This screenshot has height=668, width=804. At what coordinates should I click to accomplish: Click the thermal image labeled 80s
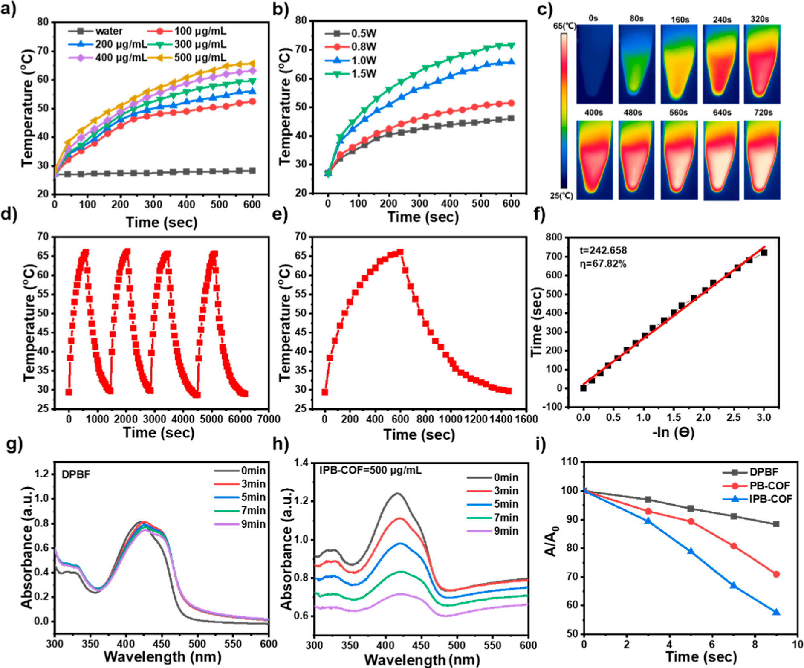click(636, 64)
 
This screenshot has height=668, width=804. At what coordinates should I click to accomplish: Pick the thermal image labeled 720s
click(763, 160)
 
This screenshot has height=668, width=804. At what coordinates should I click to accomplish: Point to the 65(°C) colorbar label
click(564, 26)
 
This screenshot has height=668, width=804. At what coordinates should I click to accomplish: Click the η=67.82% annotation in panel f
click(603, 264)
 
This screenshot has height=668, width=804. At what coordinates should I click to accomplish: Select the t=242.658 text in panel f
click(603, 250)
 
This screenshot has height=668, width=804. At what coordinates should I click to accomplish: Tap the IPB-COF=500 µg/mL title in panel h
click(370, 470)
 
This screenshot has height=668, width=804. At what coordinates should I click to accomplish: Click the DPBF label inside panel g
click(76, 474)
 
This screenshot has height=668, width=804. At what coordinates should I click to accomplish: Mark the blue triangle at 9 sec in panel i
click(776, 612)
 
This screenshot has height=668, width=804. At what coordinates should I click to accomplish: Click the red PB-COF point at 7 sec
click(734, 546)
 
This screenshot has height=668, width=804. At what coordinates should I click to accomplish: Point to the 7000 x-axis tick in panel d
click(269, 419)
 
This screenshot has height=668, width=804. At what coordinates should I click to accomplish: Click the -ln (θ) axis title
click(673, 433)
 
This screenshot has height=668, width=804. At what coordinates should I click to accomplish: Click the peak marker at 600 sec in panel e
click(400, 252)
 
